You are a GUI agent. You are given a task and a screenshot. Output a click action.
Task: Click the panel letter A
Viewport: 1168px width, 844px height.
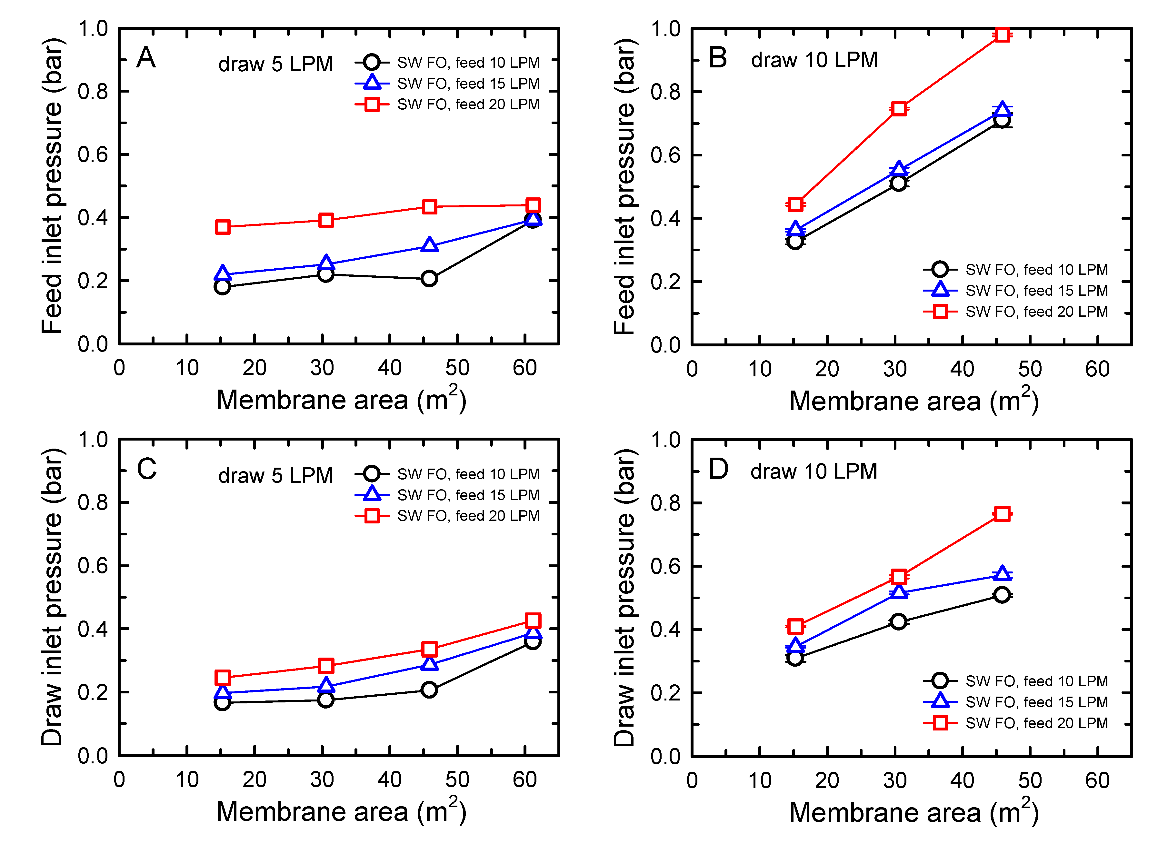[x=146, y=58]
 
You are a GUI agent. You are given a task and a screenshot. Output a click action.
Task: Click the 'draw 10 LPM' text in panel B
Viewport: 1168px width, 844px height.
[x=814, y=60]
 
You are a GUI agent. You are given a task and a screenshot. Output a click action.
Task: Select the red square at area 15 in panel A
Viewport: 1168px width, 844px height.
[x=223, y=227]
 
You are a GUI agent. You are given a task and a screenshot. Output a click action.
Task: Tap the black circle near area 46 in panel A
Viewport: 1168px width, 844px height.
[x=429, y=279]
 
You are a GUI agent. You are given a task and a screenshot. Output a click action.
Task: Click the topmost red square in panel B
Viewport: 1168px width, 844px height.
[x=1002, y=35]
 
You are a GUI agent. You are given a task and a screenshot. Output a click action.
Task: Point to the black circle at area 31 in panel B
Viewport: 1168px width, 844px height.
[x=898, y=183]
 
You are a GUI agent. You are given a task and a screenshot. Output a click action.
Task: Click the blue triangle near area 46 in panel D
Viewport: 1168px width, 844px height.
[x=1002, y=573]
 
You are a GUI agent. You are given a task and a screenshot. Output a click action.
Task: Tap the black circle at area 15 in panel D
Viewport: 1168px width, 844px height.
[x=795, y=658]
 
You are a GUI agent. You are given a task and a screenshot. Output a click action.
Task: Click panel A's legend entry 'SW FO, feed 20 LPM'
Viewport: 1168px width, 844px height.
[x=468, y=104]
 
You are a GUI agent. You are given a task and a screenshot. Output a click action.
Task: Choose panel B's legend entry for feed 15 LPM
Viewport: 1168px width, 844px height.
[x=1036, y=291]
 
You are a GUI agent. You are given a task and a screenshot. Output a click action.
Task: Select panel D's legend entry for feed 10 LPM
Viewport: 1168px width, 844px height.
[x=1036, y=681]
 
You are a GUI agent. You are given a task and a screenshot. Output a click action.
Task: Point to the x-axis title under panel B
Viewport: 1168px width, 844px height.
[x=913, y=401]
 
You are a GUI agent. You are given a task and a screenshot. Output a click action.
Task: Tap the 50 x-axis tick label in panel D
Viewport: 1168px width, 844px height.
[x=1030, y=781]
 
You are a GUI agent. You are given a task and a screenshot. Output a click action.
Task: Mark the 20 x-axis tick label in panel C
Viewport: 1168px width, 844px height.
[x=255, y=779]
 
